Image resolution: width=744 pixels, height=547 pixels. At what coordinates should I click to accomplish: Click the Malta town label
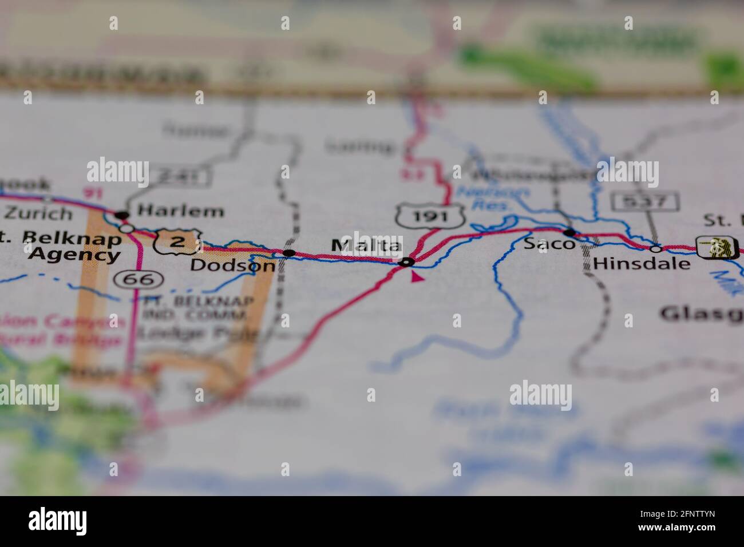[x=367, y=246]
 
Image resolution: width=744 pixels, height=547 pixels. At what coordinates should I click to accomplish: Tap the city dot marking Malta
[x=407, y=263]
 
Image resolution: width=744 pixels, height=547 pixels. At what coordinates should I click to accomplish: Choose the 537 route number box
[x=646, y=201]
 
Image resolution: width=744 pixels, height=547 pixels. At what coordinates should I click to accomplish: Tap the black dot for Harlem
[x=122, y=216]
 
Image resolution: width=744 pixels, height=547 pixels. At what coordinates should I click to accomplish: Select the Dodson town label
[x=232, y=265]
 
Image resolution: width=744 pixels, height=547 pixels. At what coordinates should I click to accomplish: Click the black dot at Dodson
[x=290, y=253]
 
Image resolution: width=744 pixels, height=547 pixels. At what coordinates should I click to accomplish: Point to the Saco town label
[x=541, y=244]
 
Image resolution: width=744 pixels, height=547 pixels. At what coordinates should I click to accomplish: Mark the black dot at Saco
[x=569, y=233]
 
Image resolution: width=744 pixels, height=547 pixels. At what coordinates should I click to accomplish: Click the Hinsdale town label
[x=642, y=264]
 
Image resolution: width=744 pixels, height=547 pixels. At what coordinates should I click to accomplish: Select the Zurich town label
[x=38, y=214]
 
